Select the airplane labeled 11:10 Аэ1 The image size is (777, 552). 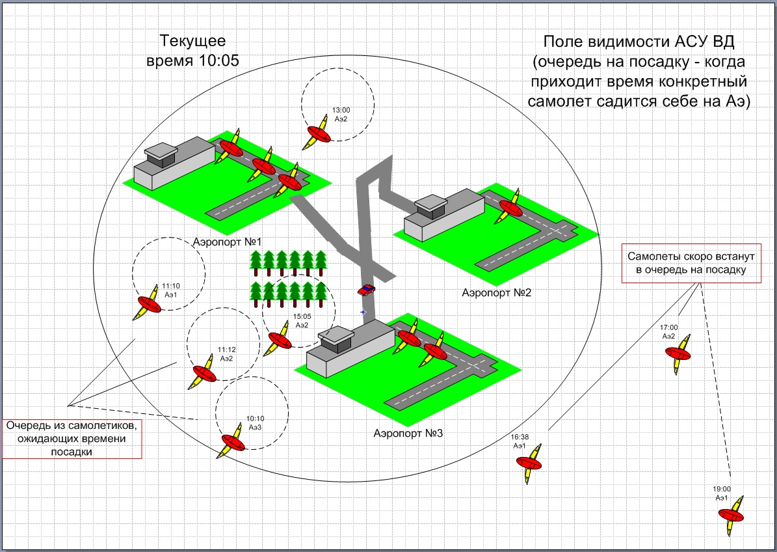tap(149, 303)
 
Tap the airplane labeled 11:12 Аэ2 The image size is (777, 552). tap(203, 373)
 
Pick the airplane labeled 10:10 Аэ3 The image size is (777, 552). tap(231, 442)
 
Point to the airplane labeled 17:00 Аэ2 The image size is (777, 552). tap(678, 354)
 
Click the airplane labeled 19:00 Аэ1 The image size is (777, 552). tap(733, 514)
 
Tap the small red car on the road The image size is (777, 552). tap(366, 290)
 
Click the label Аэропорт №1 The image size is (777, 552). tap(227, 242)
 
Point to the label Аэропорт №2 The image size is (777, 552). tap(497, 292)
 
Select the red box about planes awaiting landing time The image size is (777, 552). tap(72, 439)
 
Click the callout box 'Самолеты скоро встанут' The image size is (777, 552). tap(691, 263)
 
